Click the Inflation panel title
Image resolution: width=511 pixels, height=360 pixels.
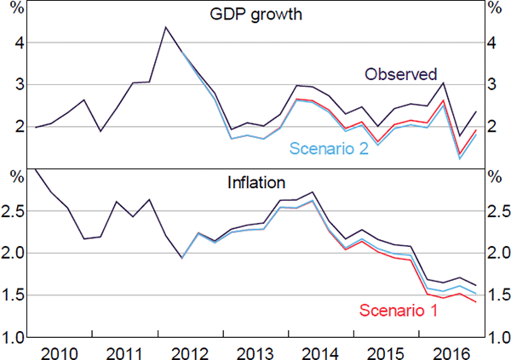point(255,182)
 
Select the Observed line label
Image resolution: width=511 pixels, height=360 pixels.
point(400,74)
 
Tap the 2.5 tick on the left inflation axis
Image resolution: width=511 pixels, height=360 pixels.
point(14,211)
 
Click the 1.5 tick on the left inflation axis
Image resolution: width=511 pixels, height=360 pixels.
point(14,295)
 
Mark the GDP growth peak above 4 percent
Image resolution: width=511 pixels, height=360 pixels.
point(165,27)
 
